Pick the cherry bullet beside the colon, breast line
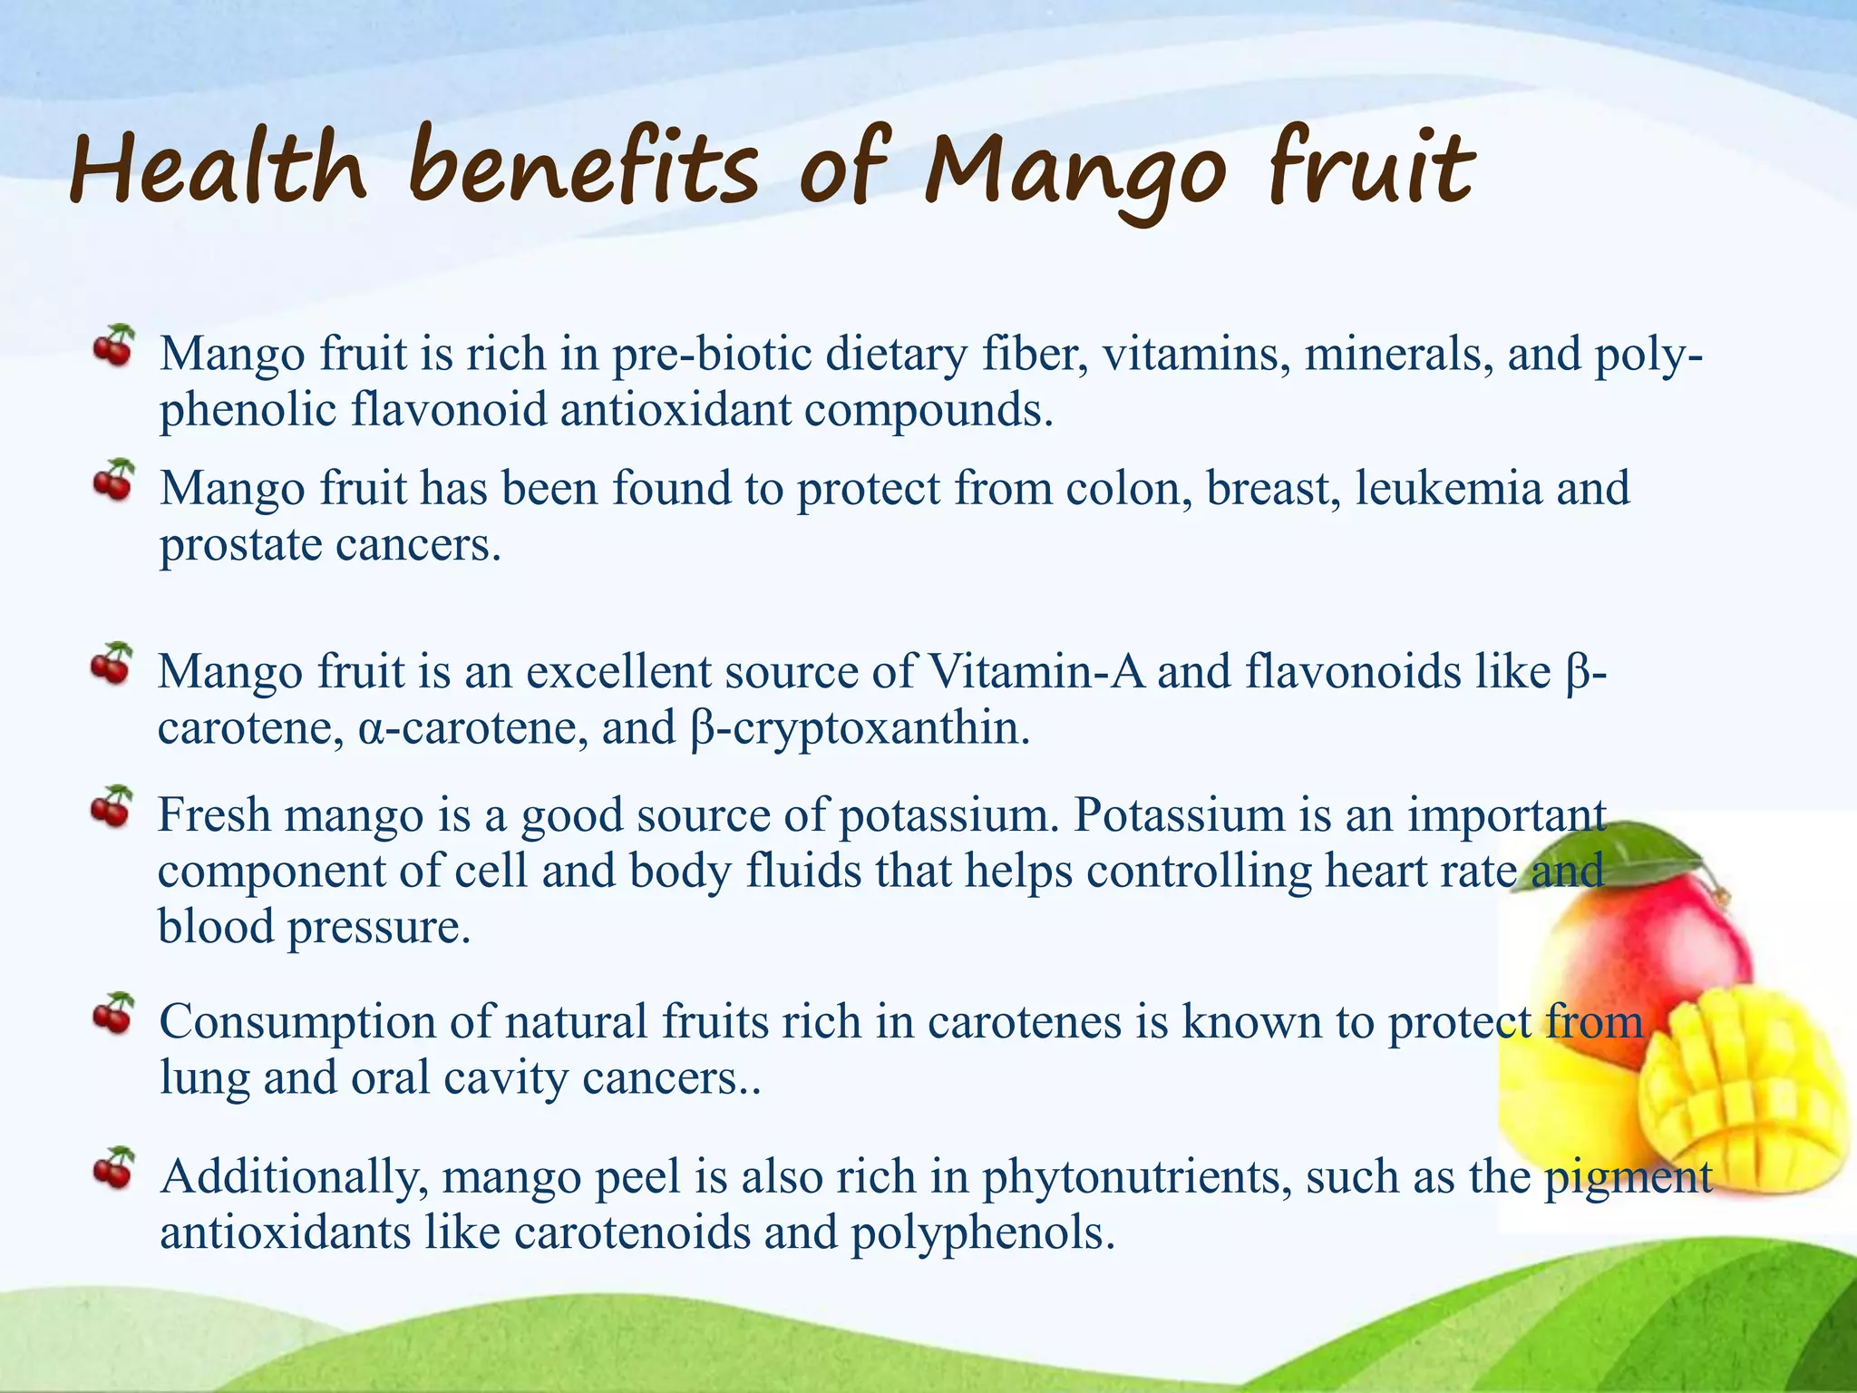113,480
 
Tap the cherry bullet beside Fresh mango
112,806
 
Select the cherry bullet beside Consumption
113,1013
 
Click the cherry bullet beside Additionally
113,1167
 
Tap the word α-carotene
468,728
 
